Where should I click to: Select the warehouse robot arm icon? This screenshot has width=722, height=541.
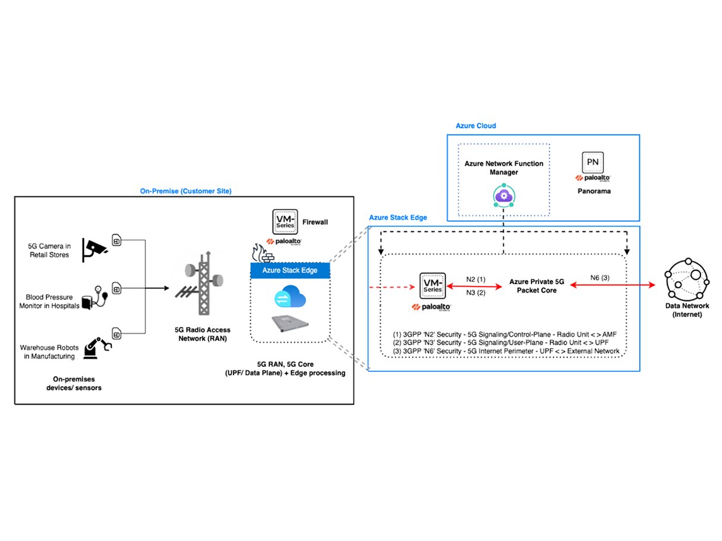[x=97, y=347]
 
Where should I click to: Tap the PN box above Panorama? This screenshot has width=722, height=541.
[x=592, y=162]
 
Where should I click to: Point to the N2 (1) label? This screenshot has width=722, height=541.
[x=476, y=278]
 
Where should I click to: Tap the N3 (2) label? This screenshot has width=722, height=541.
[x=476, y=293]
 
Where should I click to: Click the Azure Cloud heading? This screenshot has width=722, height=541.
[x=475, y=126]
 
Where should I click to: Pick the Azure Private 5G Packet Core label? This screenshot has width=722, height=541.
[x=532, y=285]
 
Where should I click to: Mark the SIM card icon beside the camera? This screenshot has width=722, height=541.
[x=117, y=241]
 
